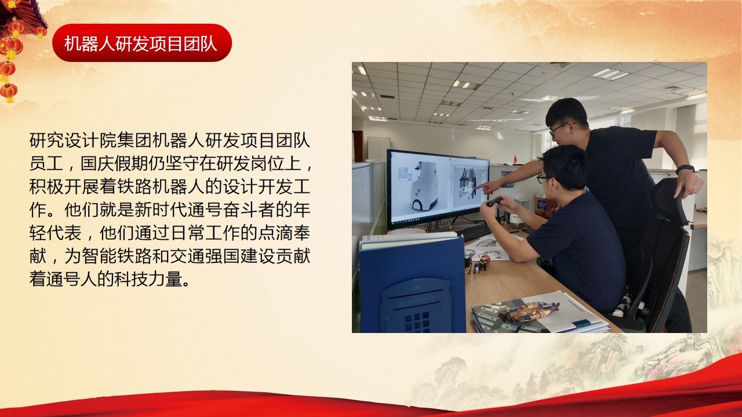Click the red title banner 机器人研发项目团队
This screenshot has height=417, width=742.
click(142, 43)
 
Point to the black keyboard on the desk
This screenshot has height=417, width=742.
click(474, 232)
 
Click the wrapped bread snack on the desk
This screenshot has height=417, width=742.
click(528, 312)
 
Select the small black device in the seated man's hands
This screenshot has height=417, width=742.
click(494, 202)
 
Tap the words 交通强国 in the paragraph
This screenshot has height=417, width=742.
click(205, 256)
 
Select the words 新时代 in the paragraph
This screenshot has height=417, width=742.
click(161, 210)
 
